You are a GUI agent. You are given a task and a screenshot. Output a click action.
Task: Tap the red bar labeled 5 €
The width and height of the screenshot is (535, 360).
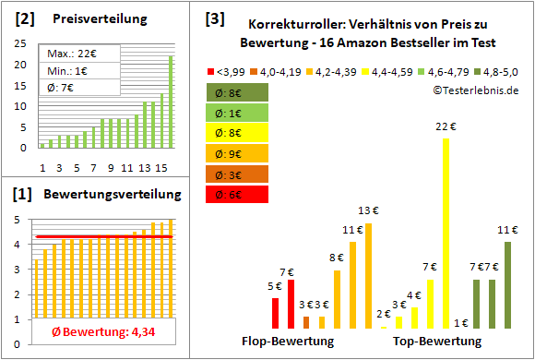point(276,313)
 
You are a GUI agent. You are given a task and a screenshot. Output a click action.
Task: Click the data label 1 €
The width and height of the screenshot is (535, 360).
point(461,323)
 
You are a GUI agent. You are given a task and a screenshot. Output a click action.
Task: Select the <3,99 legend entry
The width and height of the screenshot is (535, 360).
point(231,69)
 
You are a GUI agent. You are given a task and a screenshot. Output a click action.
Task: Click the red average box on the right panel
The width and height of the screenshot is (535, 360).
point(237,194)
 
